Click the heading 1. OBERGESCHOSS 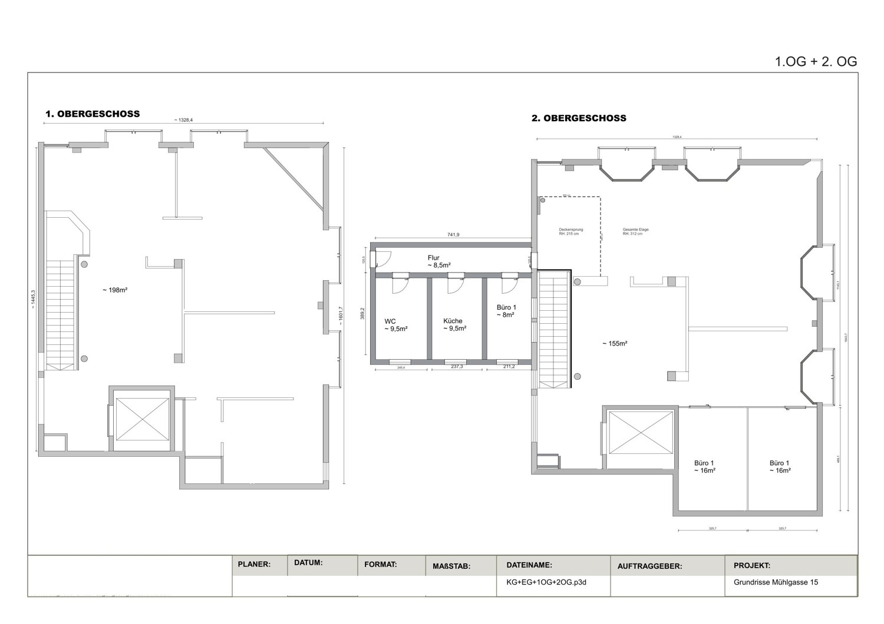pyautogui.click(x=93, y=114)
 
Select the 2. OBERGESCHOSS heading pyautogui.click(x=579, y=118)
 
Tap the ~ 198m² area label pyautogui.click(x=115, y=290)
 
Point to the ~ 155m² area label pyautogui.click(x=615, y=344)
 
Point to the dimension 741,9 pyautogui.click(x=453, y=235)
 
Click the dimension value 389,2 pyautogui.click(x=363, y=313)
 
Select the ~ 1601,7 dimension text pyautogui.click(x=341, y=314)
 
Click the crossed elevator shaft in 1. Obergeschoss pyautogui.click(x=142, y=419)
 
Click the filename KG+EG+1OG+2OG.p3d pyautogui.click(x=546, y=582)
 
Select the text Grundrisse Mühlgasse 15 pyautogui.click(x=776, y=582)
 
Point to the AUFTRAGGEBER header pyautogui.click(x=649, y=566)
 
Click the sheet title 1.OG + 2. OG pyautogui.click(x=815, y=62)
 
